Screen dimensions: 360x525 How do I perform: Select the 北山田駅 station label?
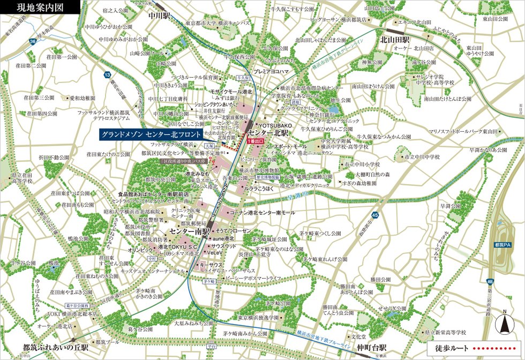tap(395, 40)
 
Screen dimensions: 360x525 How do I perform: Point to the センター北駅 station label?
tap(268, 132)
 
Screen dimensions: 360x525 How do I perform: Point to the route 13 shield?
tap(108, 75)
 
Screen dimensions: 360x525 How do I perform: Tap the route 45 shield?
tap(376, 215)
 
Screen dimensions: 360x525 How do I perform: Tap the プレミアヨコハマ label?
tap(271, 71)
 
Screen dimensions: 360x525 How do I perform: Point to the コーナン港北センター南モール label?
tap(262, 213)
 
